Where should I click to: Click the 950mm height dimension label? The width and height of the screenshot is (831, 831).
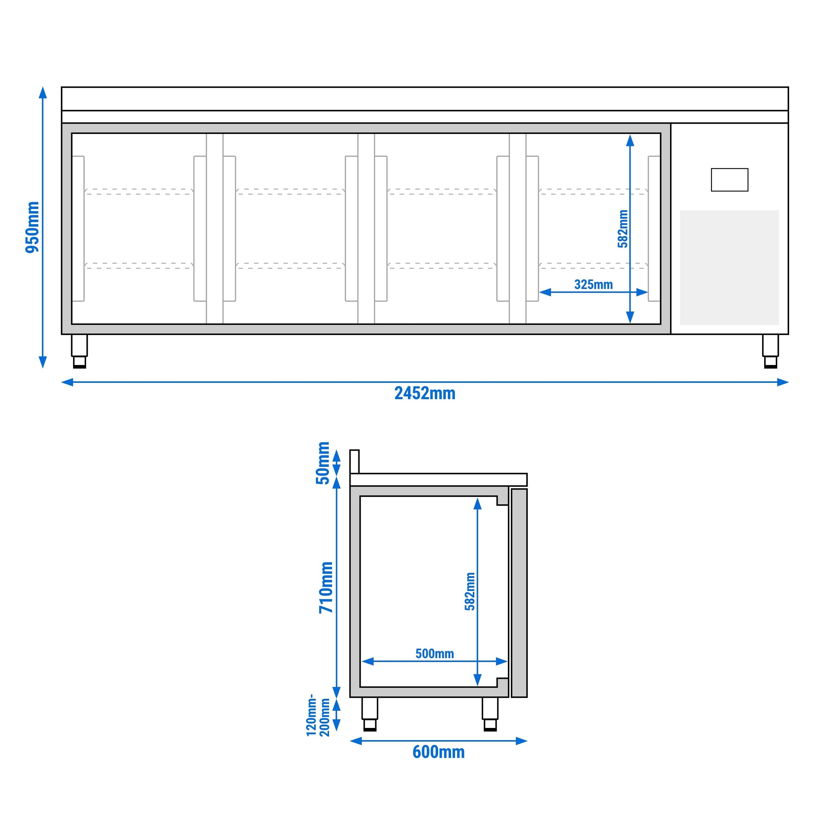coord(32,227)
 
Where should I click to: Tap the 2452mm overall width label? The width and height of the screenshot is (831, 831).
coord(424,394)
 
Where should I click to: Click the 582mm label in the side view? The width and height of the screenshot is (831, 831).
coord(470,591)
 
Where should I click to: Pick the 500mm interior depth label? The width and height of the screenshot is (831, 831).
coord(434,654)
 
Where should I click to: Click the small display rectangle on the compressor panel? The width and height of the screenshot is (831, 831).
coord(730,180)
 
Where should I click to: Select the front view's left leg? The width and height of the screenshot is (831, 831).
coord(79,351)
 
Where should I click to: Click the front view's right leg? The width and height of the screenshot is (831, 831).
coord(771,351)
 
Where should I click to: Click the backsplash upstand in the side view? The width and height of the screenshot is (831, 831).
coord(354,461)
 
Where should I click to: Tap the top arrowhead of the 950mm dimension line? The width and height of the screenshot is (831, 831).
coord(43,92)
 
